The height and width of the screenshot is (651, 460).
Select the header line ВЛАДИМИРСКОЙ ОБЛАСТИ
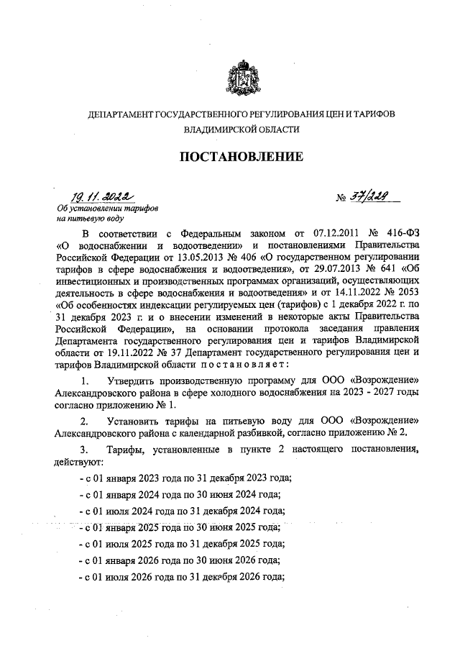tap(241, 130)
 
